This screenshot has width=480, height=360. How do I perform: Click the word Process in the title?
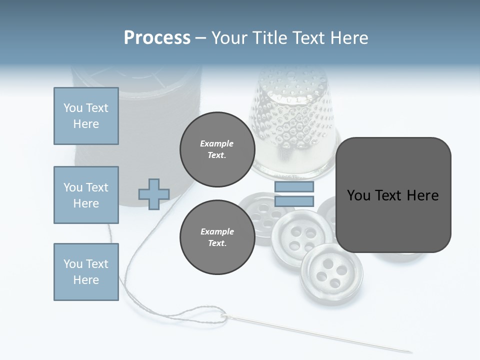click(x=157, y=38)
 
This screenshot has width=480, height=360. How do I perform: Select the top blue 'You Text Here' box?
click(x=86, y=116)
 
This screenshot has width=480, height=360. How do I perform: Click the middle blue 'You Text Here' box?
click(x=86, y=195)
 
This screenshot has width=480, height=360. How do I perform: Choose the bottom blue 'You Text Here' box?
click(x=86, y=271)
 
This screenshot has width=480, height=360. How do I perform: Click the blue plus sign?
click(x=154, y=194)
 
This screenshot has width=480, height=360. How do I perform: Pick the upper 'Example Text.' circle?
click(x=217, y=149)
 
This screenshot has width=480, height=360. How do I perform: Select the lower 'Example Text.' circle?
click(x=217, y=237)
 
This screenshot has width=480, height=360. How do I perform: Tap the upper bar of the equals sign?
click(x=294, y=186)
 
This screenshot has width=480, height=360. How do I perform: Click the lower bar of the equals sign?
click(x=294, y=201)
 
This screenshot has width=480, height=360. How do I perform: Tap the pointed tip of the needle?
click(x=411, y=351)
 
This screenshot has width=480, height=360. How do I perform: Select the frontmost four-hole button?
click(x=331, y=272)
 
